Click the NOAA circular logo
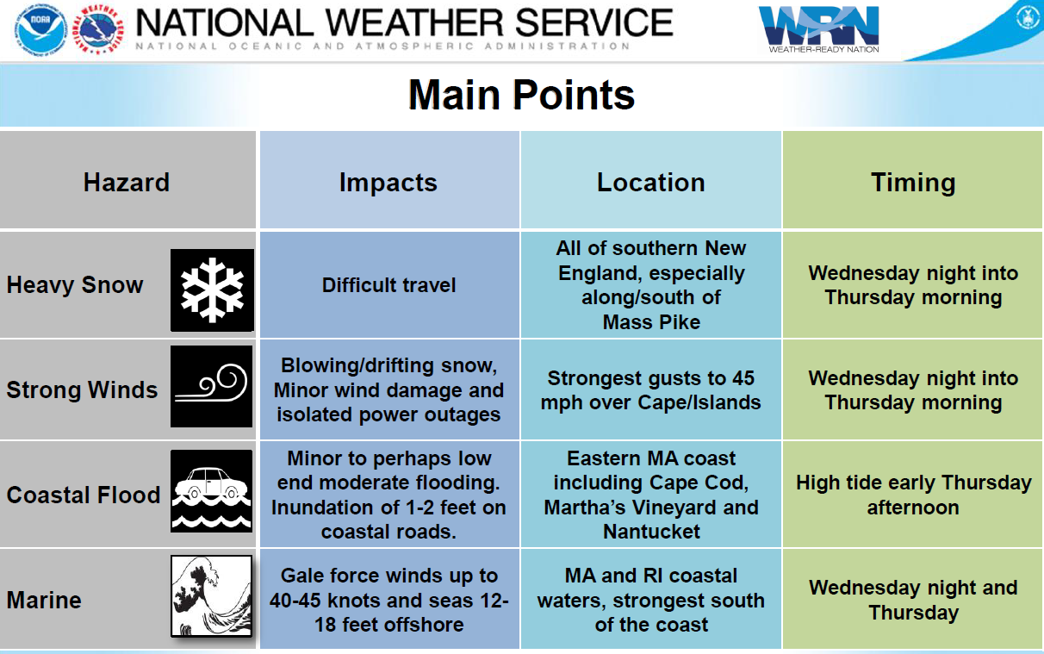pos(40,29)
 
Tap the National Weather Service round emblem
pos(98,29)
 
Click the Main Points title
pos(521,95)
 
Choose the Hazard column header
pos(127,182)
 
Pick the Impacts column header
pos(388,183)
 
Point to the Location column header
pos(650,182)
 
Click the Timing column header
pos(913,183)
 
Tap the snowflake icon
pos(212,290)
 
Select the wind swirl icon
pos(212,386)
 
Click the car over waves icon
pos(212,491)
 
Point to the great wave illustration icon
pos(212,595)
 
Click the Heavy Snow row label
pos(75,285)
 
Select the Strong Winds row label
pos(82,389)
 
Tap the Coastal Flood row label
pos(84,495)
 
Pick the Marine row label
pos(44,600)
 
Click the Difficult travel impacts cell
pos(388,285)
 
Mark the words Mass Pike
pos(651,322)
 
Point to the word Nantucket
pos(651,532)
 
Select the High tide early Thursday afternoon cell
pos(913,495)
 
